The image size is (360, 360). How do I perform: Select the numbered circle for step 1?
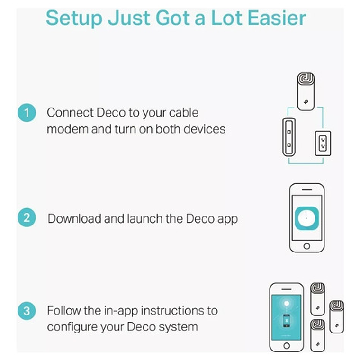click(x=27, y=113)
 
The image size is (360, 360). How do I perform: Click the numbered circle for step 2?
click(x=27, y=217)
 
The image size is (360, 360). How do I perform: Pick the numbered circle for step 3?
click(x=27, y=311)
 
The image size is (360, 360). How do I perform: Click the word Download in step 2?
click(x=74, y=218)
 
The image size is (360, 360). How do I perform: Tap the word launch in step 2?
click(x=145, y=218)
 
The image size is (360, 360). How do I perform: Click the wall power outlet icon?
click(x=323, y=144)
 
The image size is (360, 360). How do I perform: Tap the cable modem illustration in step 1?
click(x=289, y=137)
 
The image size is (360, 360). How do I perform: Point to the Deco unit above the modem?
click(x=306, y=91)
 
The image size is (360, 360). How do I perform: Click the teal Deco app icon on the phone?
click(x=307, y=218)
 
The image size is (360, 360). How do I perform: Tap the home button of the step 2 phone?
click(x=307, y=246)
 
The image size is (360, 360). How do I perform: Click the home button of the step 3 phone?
click(x=287, y=345)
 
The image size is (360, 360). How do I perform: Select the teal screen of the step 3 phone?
click(x=286, y=317)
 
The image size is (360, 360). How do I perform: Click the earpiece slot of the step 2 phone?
click(x=307, y=190)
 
